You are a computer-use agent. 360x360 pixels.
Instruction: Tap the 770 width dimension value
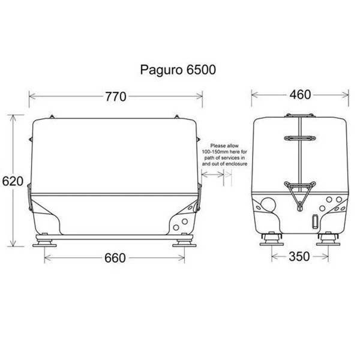pyautogui.click(x=115, y=95)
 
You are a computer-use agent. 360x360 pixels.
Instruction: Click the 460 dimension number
pyautogui.click(x=299, y=95)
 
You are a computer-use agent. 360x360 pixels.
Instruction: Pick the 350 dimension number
pyautogui.click(x=299, y=257)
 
